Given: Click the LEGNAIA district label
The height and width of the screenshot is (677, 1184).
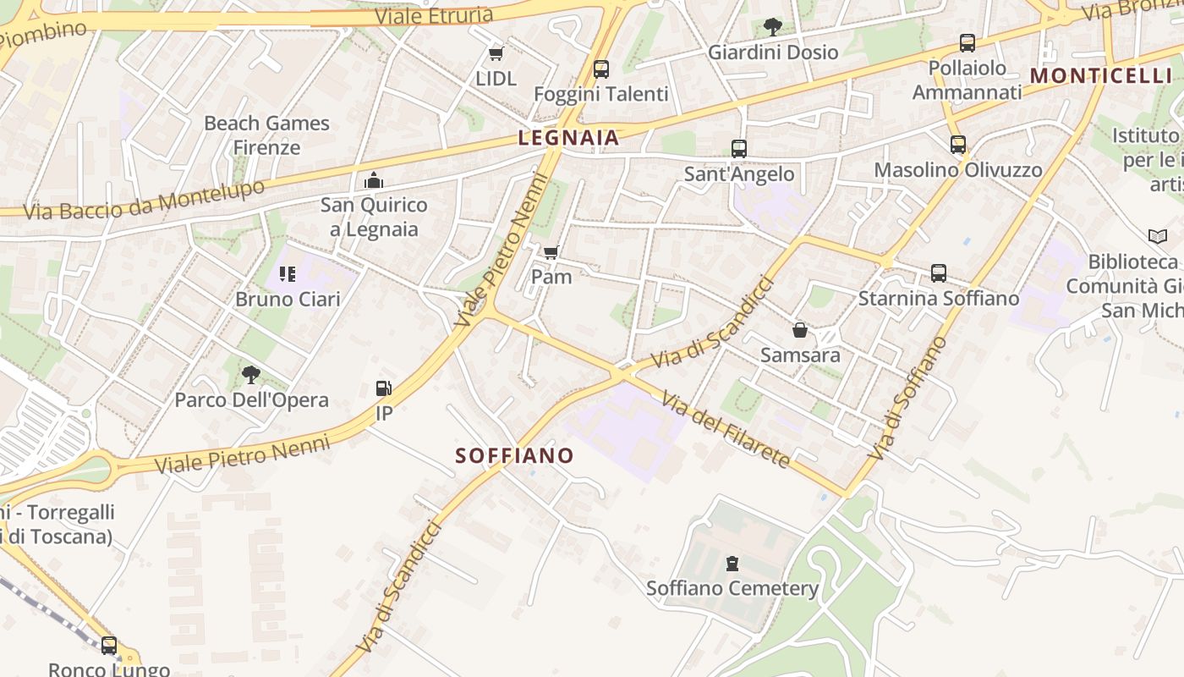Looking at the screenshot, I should [x=568, y=137].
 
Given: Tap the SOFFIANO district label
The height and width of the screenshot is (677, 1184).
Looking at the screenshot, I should [x=514, y=455].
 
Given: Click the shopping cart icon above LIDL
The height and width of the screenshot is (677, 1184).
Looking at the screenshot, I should [x=496, y=54].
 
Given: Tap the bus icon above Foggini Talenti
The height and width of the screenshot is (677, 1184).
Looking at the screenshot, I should [x=600, y=69].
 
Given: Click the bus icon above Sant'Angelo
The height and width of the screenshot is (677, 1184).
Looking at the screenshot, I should [x=739, y=149].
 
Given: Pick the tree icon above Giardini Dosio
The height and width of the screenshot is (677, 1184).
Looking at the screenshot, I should [x=772, y=26].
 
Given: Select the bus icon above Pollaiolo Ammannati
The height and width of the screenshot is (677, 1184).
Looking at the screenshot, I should [x=967, y=43].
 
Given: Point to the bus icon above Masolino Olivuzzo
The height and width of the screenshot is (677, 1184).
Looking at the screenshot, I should [x=957, y=145].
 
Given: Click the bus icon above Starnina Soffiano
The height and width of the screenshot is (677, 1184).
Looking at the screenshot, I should [x=938, y=273].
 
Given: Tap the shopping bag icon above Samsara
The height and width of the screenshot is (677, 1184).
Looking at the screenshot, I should [x=799, y=329].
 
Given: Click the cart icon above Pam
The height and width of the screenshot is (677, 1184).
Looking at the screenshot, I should [x=551, y=251].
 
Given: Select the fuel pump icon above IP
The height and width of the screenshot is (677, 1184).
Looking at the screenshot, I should [x=384, y=388].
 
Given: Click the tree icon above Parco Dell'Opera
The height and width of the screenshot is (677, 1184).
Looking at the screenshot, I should [x=251, y=374].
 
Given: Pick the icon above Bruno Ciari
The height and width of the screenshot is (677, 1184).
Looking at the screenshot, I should [x=288, y=274].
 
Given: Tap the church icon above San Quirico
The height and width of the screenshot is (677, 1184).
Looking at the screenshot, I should [x=373, y=179].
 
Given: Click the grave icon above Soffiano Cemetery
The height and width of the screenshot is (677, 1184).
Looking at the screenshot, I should [x=732, y=563].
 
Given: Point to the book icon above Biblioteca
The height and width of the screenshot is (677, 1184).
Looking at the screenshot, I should [x=1157, y=236].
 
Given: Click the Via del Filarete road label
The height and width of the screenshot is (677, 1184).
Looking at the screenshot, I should [x=726, y=429].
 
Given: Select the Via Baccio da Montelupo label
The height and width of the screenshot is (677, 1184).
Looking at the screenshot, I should [x=144, y=201].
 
